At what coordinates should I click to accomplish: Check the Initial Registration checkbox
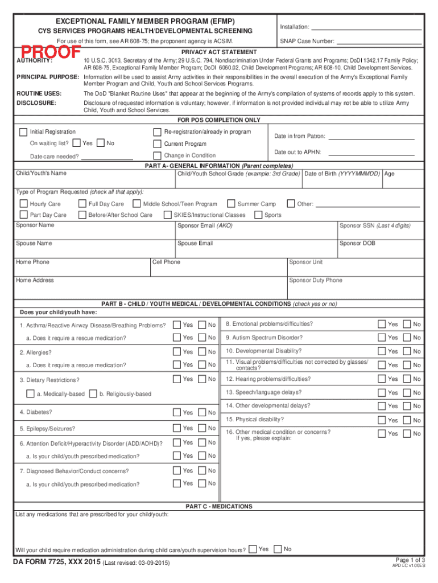[x=23, y=132]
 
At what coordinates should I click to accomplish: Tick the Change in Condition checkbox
[x=158, y=155]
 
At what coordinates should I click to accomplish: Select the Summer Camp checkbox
[x=231, y=204]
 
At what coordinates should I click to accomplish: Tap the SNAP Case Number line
[x=379, y=42]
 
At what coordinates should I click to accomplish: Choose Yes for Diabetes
[x=177, y=412]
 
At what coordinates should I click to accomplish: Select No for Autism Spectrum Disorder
[x=407, y=338]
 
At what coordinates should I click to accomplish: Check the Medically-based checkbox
[x=31, y=394]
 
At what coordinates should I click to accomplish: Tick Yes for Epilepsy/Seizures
[x=177, y=428]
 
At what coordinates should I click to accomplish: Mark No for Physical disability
[x=407, y=420]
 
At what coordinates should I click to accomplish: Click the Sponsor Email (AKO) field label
[x=205, y=226]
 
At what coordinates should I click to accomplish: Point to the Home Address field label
[x=35, y=281]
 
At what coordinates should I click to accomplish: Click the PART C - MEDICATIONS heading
[x=219, y=507]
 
